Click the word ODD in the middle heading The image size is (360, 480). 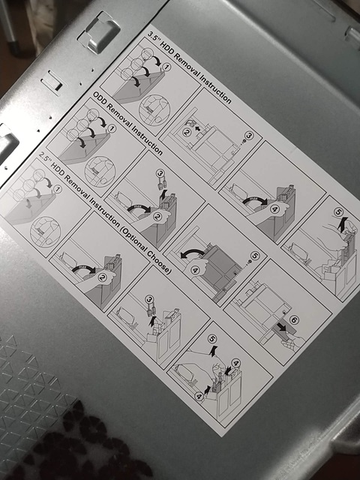[x=100, y=99]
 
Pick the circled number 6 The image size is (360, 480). [x=293, y=320]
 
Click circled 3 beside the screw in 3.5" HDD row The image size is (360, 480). [x=249, y=135]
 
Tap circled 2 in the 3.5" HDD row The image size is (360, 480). [x=187, y=133]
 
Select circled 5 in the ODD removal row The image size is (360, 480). [x=255, y=256]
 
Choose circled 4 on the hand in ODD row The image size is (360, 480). [x=195, y=270]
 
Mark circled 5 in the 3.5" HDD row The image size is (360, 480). [x=338, y=211]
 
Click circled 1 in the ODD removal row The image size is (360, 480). [x=112, y=129]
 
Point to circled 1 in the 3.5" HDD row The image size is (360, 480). [x=166, y=67]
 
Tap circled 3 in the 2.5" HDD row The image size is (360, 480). [x=149, y=298]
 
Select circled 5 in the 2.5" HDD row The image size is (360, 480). [x=212, y=339]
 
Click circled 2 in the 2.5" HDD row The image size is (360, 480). [x=102, y=277]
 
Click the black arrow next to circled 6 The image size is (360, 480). [x=282, y=327]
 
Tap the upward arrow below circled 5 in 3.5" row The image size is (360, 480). [x=342, y=224]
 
